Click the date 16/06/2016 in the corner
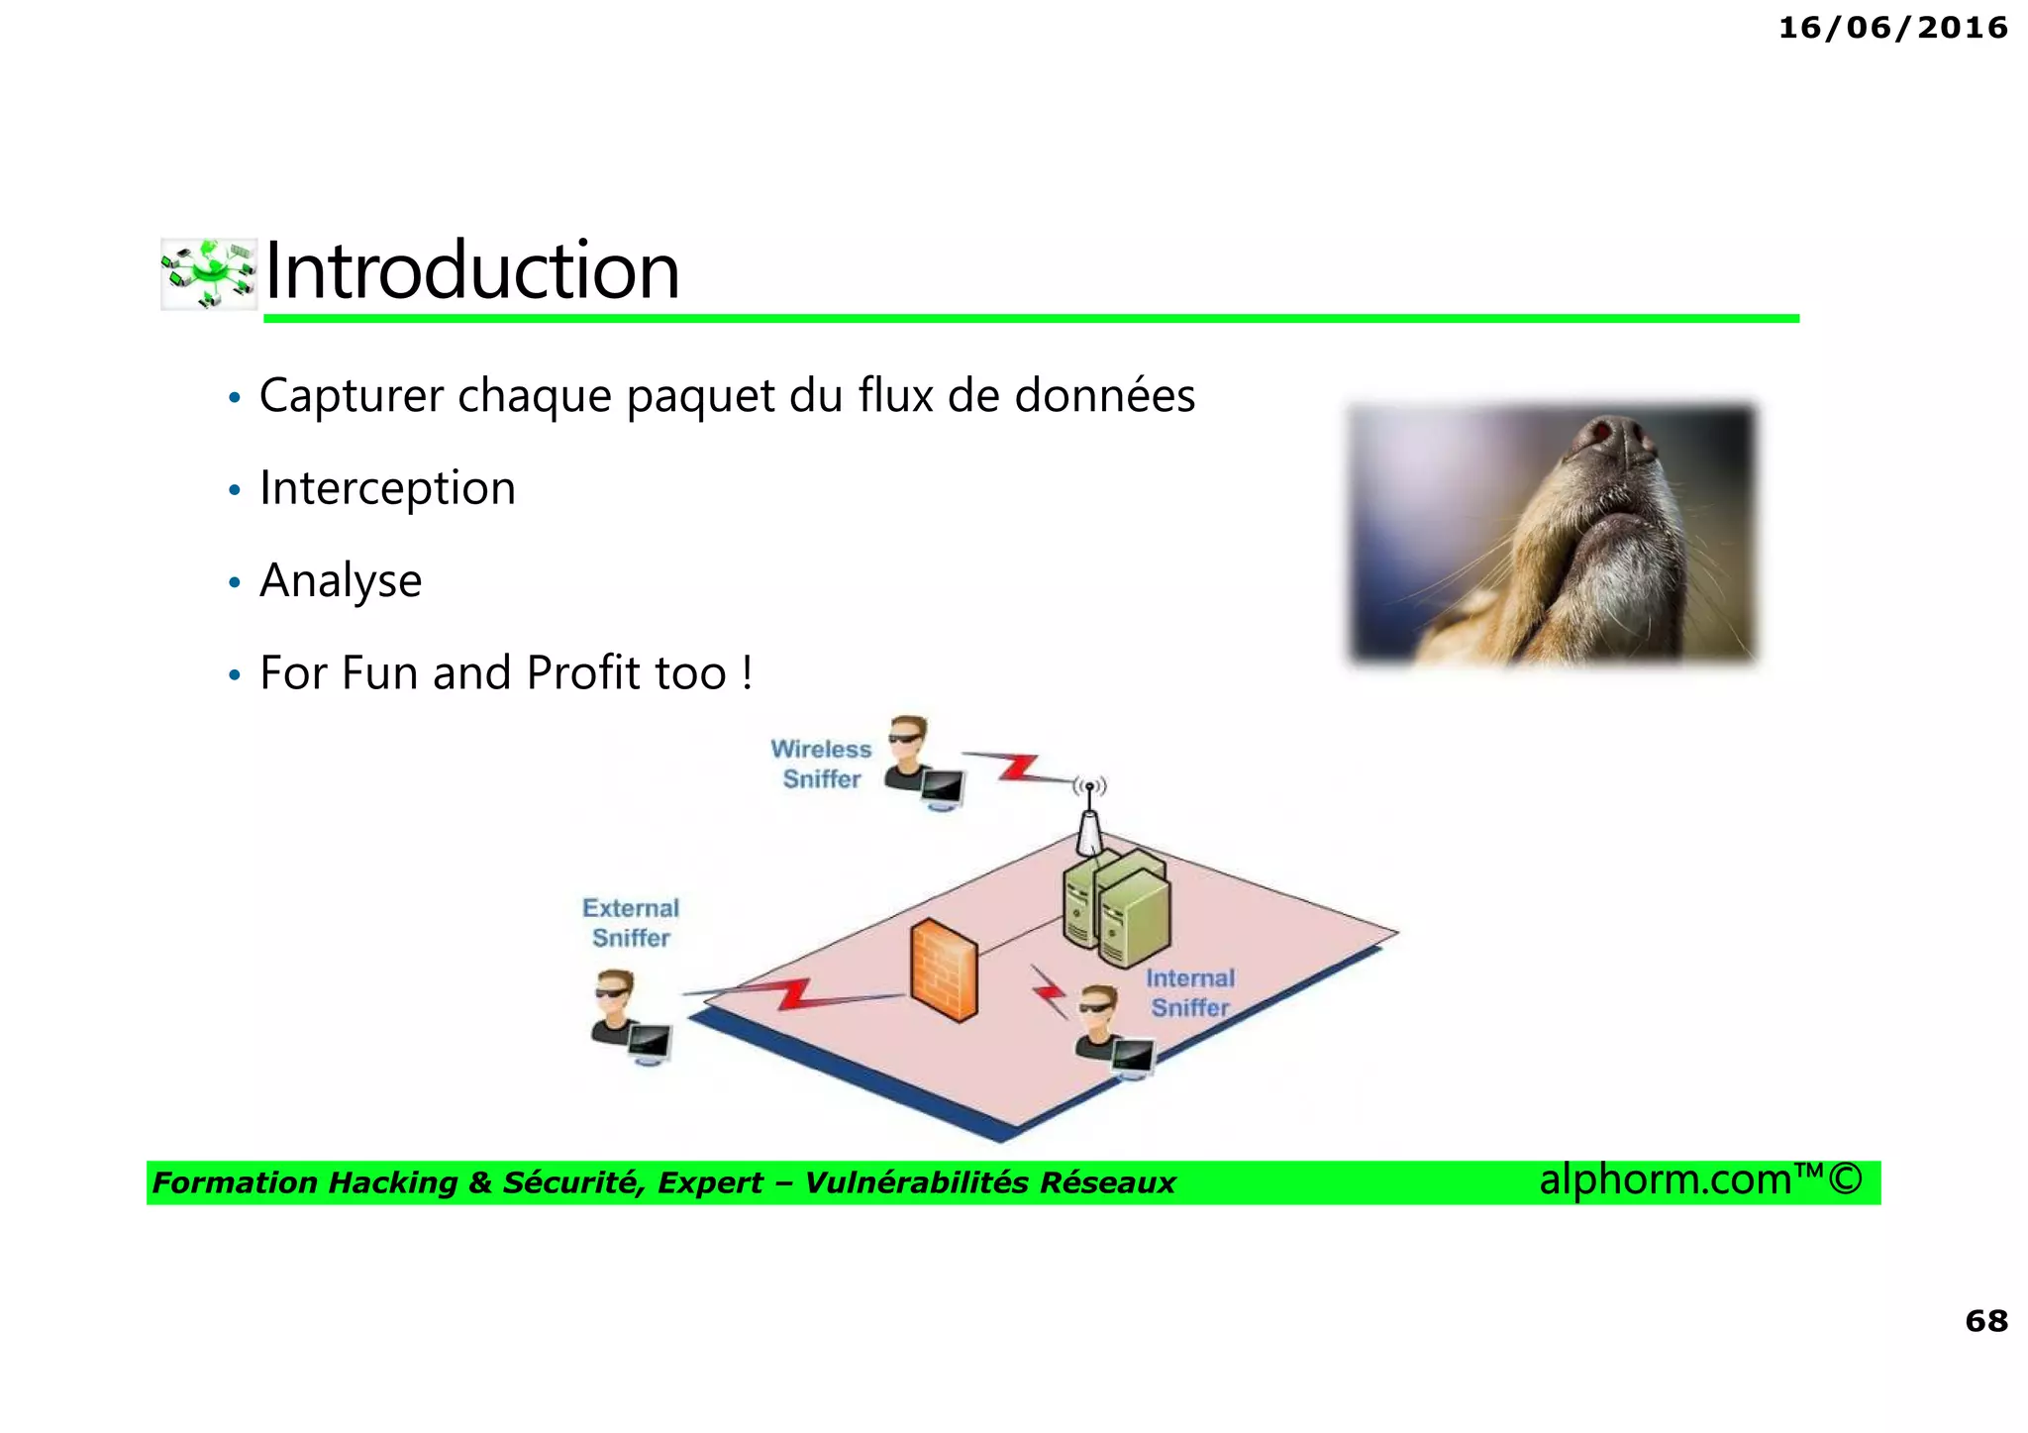[x=1892, y=28]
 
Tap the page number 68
[x=1985, y=1320]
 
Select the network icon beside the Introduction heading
[x=209, y=273]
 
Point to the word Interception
[x=387, y=488]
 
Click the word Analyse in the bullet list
[x=341, y=580]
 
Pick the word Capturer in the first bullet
[x=352, y=396]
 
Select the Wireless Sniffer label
[x=821, y=764]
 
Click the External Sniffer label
[x=631, y=922]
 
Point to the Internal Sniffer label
[x=1189, y=992]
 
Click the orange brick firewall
[x=943, y=971]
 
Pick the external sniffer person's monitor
[x=650, y=1043]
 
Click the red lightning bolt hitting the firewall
[x=792, y=993]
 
